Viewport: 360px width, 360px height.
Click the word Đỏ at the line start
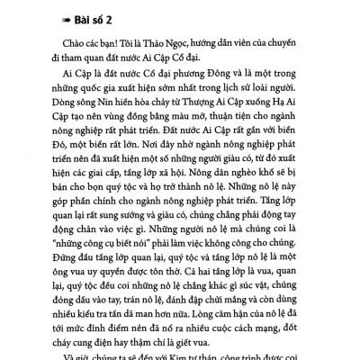pos(63,159)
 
